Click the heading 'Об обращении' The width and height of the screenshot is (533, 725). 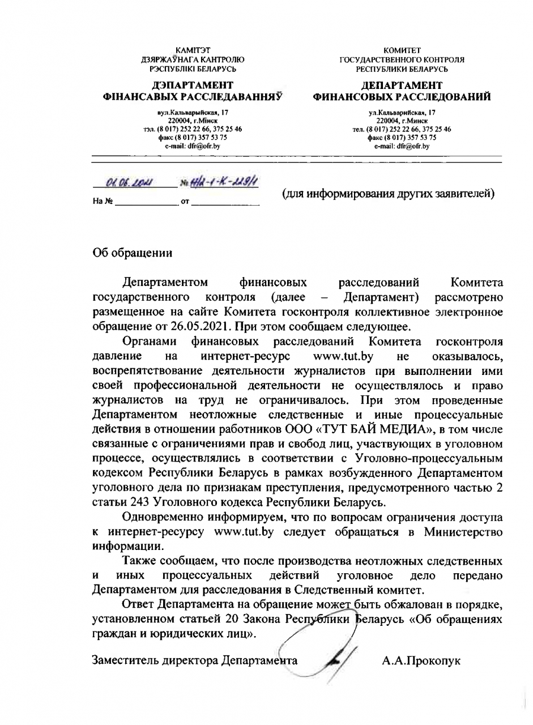132,253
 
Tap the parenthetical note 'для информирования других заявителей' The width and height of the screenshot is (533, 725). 389,194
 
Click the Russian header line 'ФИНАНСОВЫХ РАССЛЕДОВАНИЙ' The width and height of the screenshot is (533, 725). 402,97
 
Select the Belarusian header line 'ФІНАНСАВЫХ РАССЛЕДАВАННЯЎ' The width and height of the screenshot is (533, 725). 193,97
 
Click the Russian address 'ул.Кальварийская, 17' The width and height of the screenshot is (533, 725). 402,113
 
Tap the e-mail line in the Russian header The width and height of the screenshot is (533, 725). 402,146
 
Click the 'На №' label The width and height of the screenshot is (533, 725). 102,202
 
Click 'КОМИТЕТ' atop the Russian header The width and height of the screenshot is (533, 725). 402,51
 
